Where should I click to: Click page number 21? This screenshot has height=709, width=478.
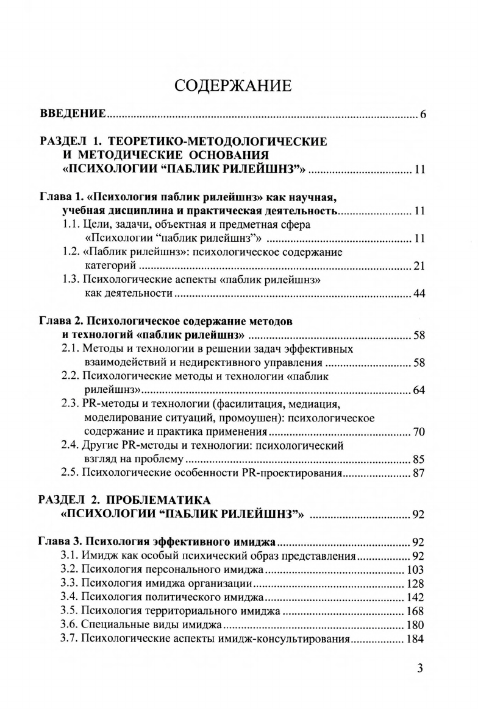pyautogui.click(x=418, y=266)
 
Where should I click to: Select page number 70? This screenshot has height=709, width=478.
pyautogui.click(x=418, y=432)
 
